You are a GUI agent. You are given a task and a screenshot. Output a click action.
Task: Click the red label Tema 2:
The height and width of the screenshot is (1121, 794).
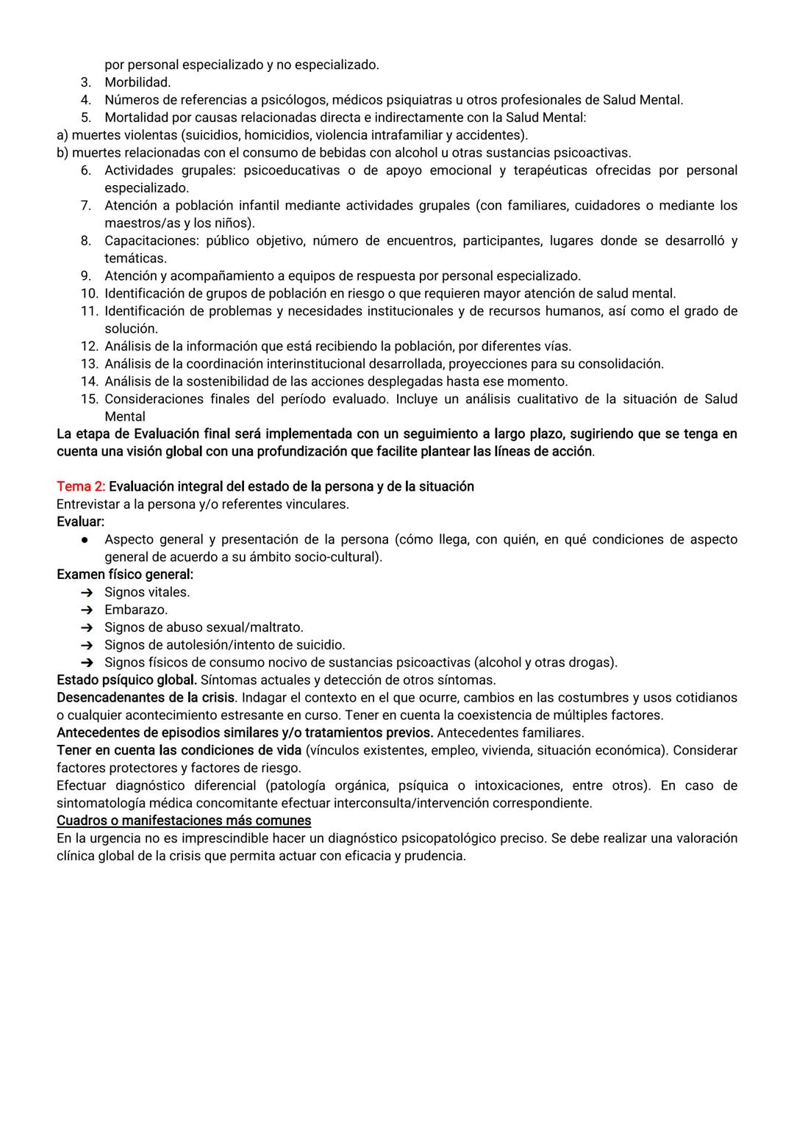pos(80,486)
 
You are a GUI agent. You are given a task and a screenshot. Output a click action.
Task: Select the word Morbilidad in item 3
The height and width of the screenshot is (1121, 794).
pos(137,82)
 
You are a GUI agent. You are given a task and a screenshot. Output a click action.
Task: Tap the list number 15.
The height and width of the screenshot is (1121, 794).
pos(89,399)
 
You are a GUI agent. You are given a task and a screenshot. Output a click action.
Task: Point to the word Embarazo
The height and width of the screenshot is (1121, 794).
pos(135,610)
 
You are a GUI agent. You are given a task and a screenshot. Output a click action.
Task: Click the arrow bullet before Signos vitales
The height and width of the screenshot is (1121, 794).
pos(87,592)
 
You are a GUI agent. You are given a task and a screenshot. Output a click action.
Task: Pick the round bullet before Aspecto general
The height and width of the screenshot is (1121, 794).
pos(86,540)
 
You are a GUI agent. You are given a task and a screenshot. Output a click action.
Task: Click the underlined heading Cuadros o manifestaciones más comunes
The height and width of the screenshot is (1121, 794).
pos(184,821)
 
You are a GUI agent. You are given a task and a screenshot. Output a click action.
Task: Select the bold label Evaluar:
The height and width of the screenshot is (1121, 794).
pos(80,522)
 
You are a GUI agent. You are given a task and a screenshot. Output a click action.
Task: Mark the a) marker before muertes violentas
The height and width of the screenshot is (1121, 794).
pos(62,135)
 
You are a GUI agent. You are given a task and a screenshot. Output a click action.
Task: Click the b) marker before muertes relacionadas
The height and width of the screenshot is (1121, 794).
pos(62,153)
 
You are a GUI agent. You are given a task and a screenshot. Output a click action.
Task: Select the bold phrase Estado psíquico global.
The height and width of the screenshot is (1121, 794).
pos(126,680)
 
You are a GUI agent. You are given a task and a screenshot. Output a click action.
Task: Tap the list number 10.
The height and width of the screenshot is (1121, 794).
pos(89,293)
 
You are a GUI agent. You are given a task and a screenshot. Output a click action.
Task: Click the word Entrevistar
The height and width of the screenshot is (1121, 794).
pos(89,504)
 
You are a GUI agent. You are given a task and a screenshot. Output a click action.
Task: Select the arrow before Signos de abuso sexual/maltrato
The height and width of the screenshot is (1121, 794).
pos(87,627)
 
